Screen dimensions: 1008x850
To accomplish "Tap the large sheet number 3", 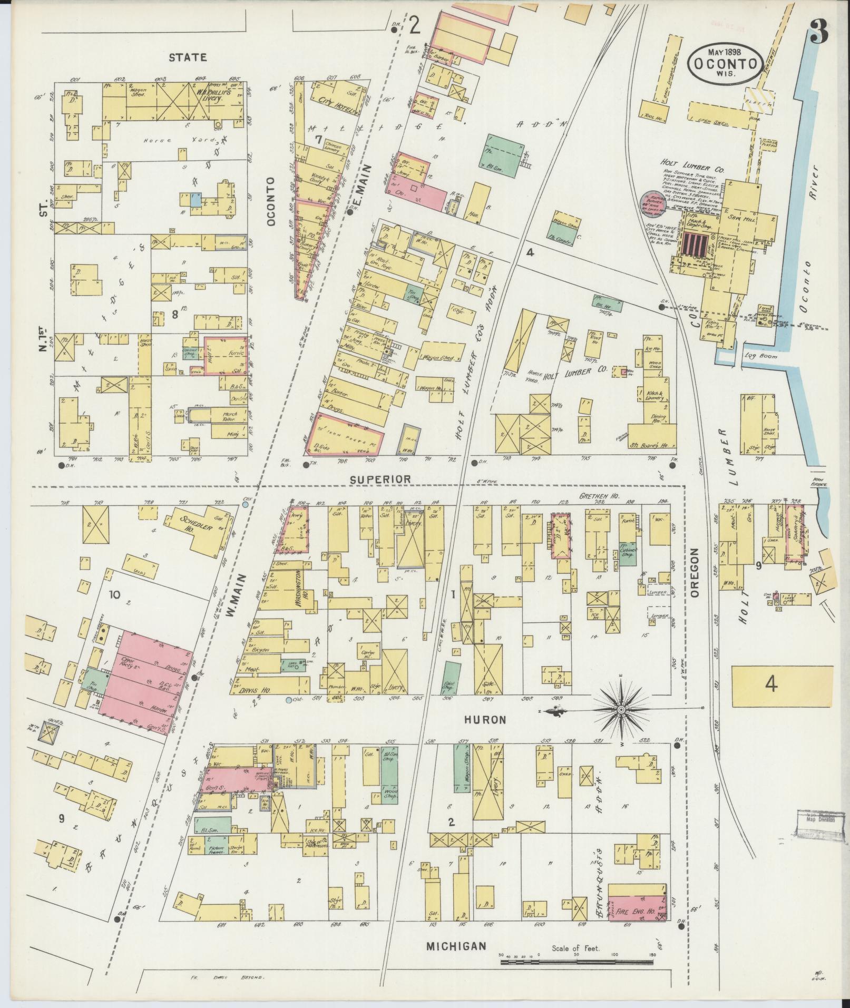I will [x=819, y=33].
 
